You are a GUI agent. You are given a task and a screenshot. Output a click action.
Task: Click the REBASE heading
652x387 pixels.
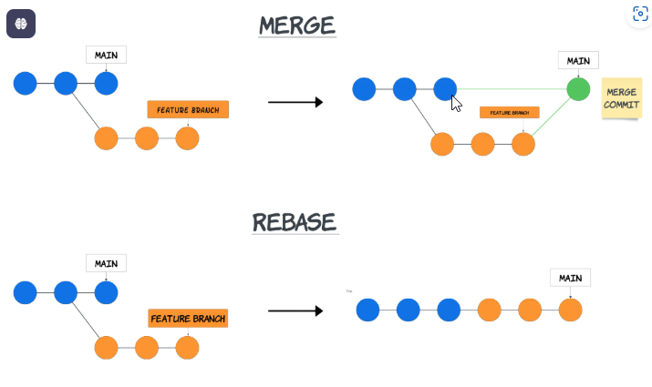(295, 222)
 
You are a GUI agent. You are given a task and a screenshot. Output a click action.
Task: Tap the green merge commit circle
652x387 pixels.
(577, 89)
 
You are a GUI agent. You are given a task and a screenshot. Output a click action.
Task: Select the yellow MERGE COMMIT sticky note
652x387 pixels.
(621, 99)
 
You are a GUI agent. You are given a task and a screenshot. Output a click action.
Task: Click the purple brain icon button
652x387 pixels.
(21, 24)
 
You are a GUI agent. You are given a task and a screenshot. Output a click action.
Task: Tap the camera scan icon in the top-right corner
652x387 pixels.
(640, 15)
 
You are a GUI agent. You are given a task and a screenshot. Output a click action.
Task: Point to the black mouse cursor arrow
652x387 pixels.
(456, 103)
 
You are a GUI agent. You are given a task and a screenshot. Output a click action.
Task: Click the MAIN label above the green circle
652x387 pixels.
(578, 61)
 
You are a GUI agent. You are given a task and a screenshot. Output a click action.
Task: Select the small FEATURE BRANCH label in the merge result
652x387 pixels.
(509, 113)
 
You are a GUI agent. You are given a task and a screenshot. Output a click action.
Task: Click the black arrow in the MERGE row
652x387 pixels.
(295, 102)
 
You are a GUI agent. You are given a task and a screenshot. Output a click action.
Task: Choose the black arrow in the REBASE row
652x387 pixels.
(295, 311)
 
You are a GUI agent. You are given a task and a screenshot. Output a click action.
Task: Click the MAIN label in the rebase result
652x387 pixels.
(570, 278)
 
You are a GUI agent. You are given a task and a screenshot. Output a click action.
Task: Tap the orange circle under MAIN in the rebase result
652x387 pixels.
(570, 310)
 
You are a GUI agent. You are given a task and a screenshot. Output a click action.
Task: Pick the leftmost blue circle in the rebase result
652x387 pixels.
(367, 310)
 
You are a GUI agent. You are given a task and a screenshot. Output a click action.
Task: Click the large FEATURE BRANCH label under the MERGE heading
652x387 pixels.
(188, 110)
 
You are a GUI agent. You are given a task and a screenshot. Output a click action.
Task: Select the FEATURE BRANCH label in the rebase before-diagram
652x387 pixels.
(188, 319)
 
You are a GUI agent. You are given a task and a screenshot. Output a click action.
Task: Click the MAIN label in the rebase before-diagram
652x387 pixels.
(106, 263)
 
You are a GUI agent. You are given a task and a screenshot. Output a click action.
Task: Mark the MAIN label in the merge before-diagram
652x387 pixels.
(106, 55)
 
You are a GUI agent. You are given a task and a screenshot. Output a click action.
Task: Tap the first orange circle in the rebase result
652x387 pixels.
(490, 310)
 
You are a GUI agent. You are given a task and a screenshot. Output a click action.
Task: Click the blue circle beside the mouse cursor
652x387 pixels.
(444, 89)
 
